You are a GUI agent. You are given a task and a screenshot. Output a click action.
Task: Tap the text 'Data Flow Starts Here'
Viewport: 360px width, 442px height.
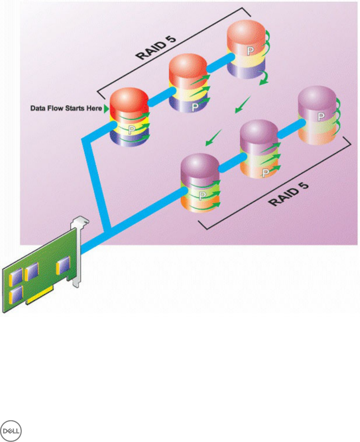click(x=66, y=109)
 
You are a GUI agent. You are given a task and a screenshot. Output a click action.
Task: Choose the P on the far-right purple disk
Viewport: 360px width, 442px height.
click(x=321, y=117)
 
